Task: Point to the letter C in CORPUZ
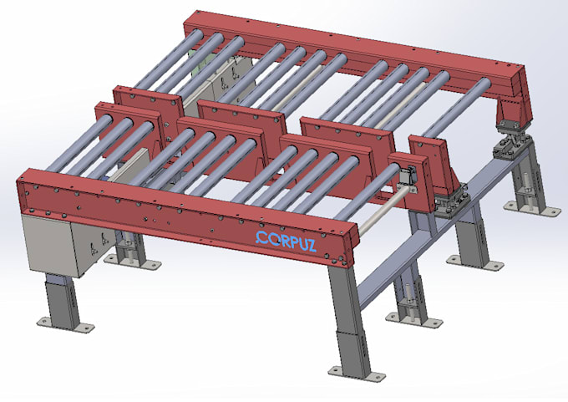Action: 261,238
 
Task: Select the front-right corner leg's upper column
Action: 344,293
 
